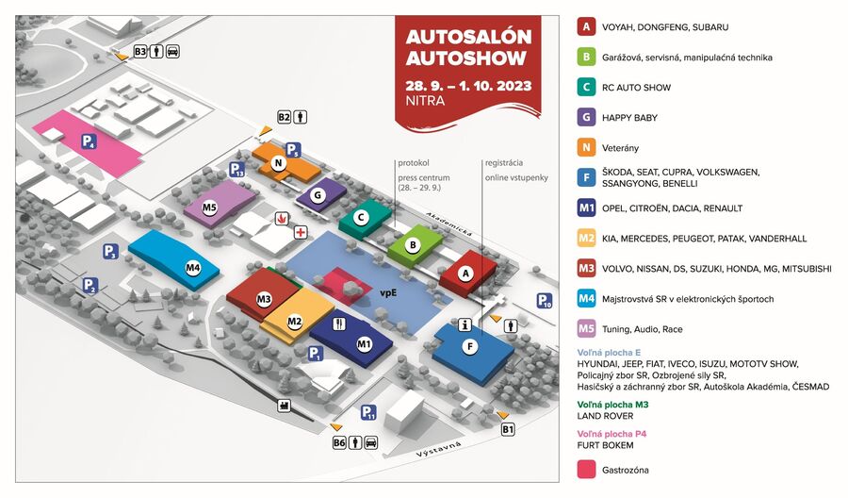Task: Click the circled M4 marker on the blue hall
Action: point(193,268)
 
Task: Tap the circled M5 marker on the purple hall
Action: point(209,207)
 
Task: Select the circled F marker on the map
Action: point(470,346)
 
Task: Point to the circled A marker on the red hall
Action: point(463,271)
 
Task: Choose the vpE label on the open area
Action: point(388,293)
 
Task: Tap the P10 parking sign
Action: point(544,302)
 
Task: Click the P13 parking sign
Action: point(237,170)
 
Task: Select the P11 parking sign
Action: point(368,413)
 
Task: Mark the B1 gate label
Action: point(509,429)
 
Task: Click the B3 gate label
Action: point(140,52)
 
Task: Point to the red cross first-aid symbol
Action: point(301,232)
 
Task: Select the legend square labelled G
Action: point(586,118)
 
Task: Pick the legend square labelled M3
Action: point(586,269)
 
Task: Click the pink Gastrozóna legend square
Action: point(586,469)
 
